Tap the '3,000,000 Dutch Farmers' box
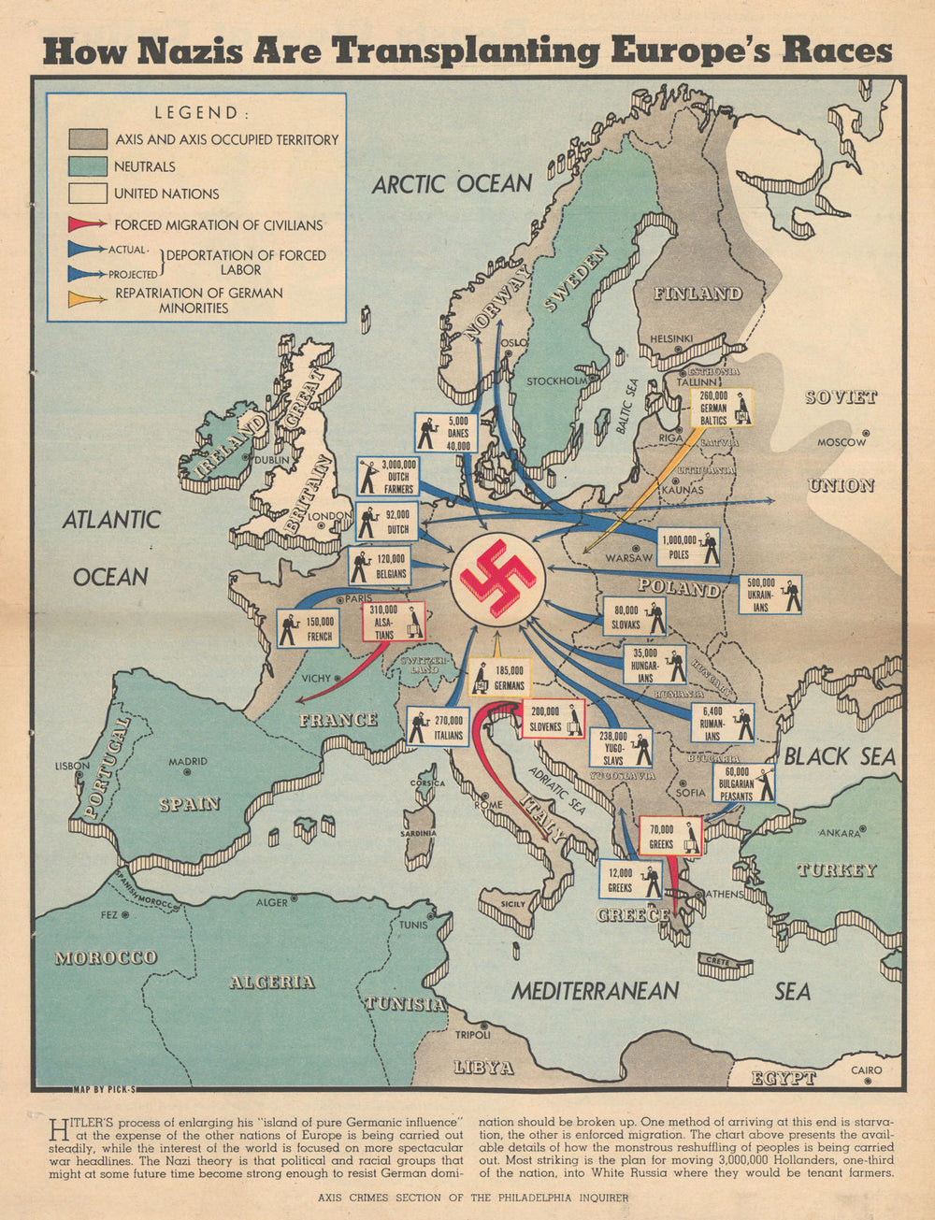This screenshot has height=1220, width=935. [x=388, y=476]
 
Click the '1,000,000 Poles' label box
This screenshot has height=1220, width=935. [x=690, y=548]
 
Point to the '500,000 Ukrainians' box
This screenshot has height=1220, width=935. [x=772, y=595]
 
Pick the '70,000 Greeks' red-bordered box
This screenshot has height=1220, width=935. [x=670, y=836]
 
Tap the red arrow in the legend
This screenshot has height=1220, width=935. [x=87, y=224]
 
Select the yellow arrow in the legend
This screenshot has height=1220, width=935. [x=87, y=299]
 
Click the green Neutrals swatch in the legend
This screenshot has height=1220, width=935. [x=87, y=166]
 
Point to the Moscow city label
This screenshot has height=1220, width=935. [x=842, y=442]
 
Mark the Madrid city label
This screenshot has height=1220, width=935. [x=188, y=762]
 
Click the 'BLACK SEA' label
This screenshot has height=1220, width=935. [x=839, y=756]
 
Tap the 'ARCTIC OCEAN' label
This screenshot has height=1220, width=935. [x=452, y=184]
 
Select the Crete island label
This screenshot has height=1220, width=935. [x=716, y=960]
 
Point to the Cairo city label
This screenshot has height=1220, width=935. [x=866, y=1070]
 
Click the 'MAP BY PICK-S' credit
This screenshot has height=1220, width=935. [x=104, y=1089]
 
